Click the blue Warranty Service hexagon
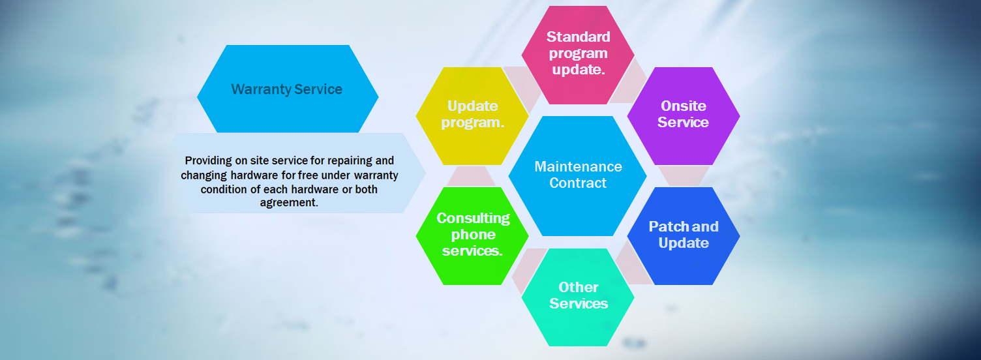click(288, 89)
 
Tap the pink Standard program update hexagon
click(578, 55)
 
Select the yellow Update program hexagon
click(472, 116)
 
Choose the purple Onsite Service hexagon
click(684, 116)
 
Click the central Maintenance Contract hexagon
click(578, 175)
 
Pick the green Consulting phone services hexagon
click(472, 236)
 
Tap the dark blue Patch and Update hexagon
click(684, 236)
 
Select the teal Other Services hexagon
click(578, 297)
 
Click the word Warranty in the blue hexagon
click(262, 89)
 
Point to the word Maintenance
click(578, 166)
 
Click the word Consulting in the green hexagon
click(473, 218)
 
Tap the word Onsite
click(684, 106)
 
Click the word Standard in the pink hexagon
click(578, 37)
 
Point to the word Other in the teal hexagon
click(579, 288)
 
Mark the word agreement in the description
click(289, 203)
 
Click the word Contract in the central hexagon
click(578, 183)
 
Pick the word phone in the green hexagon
click(474, 235)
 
